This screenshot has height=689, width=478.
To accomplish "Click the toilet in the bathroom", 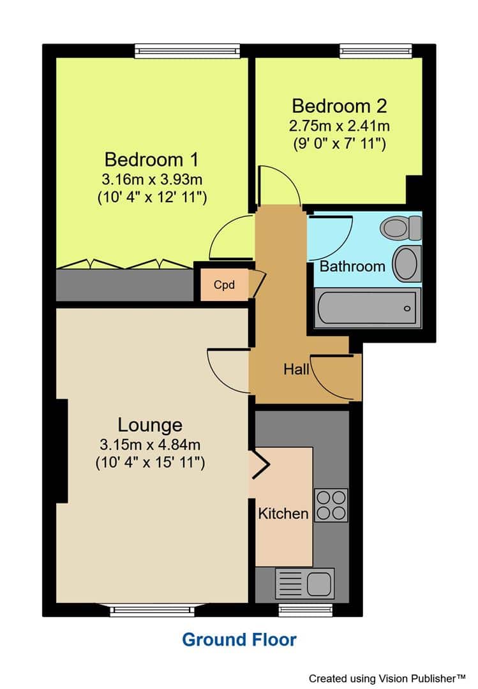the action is coord(401,228).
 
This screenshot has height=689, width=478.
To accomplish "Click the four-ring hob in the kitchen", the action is coord(331,505).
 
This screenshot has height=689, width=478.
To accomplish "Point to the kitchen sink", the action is coord(304,584).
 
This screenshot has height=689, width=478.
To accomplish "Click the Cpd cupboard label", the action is coord(224,285).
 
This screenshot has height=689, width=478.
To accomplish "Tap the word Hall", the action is coord(296,369).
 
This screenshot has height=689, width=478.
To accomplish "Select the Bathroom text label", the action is coord(352,266).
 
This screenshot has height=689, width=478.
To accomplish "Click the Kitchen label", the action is coord(283,513).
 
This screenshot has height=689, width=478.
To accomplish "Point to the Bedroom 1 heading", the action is coord(152,159).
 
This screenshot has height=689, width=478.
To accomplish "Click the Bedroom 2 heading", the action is coord(340,106).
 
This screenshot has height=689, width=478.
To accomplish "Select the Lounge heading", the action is coord(150,425).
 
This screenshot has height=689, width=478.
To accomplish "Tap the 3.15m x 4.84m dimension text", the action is coord(150,445).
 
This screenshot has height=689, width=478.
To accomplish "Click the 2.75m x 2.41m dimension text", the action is coord(340,126).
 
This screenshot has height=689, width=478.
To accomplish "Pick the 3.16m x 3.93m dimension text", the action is coord(152,179).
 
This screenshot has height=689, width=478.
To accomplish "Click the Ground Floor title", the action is coord(239,640).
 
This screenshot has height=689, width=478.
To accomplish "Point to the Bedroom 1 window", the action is coord(188,51).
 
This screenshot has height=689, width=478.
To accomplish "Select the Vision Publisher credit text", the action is coord(387,678).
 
